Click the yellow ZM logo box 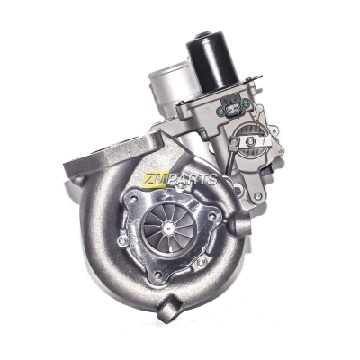click(x=155, y=178)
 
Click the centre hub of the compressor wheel click(x=168, y=230)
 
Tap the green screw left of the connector click(x=220, y=113)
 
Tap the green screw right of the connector click(x=245, y=103)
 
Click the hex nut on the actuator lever click(x=250, y=141)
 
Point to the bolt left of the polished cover click(x=121, y=240)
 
